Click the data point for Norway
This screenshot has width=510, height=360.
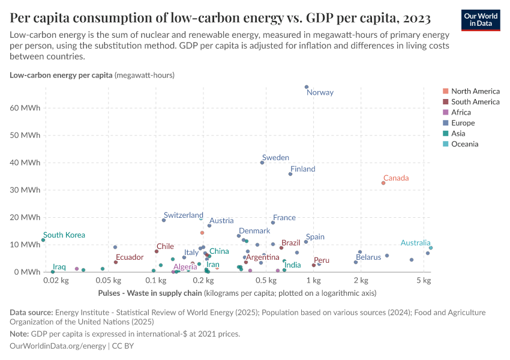307,87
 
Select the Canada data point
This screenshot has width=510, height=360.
383,183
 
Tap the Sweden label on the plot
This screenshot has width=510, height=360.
275,158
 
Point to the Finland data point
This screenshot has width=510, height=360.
290,174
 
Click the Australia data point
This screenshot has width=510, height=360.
431,248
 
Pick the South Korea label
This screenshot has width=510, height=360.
64,235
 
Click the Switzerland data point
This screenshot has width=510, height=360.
164,220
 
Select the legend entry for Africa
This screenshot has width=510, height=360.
461,112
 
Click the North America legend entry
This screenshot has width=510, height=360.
475,91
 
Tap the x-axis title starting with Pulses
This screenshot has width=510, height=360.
149,293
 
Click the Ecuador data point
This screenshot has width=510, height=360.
116,262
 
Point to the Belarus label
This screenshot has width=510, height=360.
368,257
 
